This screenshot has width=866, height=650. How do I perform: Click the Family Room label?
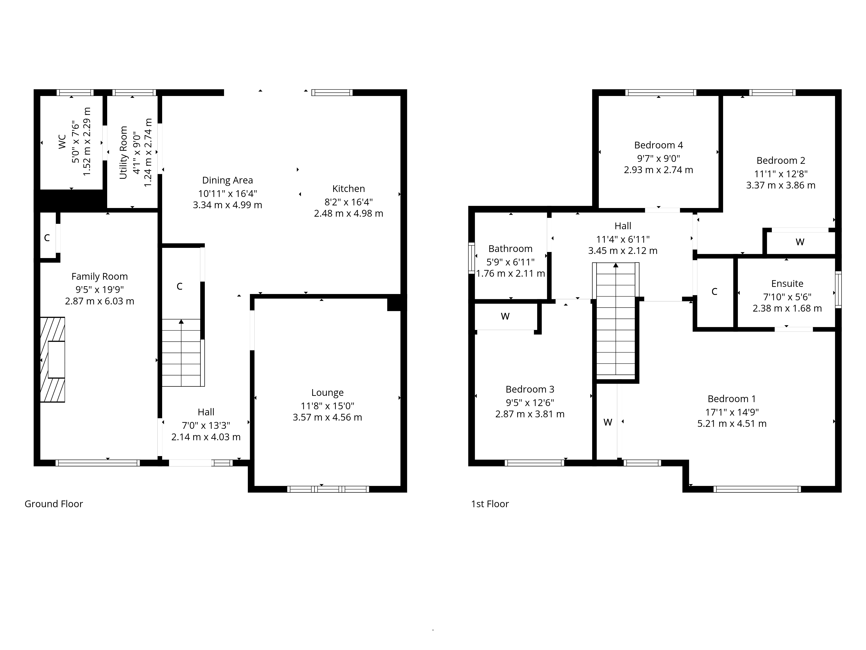click(99, 277)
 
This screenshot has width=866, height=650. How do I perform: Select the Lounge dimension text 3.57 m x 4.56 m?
click(327, 417)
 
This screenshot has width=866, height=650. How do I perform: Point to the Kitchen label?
click(348, 189)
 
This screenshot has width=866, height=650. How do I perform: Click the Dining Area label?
click(228, 180)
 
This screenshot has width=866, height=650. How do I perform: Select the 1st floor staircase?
click(616, 319)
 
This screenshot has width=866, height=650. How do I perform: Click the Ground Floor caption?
click(54, 504)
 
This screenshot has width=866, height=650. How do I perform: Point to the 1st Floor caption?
click(490, 504)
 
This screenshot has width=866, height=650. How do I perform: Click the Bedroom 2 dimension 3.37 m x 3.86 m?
click(781, 185)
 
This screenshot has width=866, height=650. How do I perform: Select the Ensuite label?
click(787, 284)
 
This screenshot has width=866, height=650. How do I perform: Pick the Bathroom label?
click(511, 249)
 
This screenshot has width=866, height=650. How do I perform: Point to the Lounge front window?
click(328, 489)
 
